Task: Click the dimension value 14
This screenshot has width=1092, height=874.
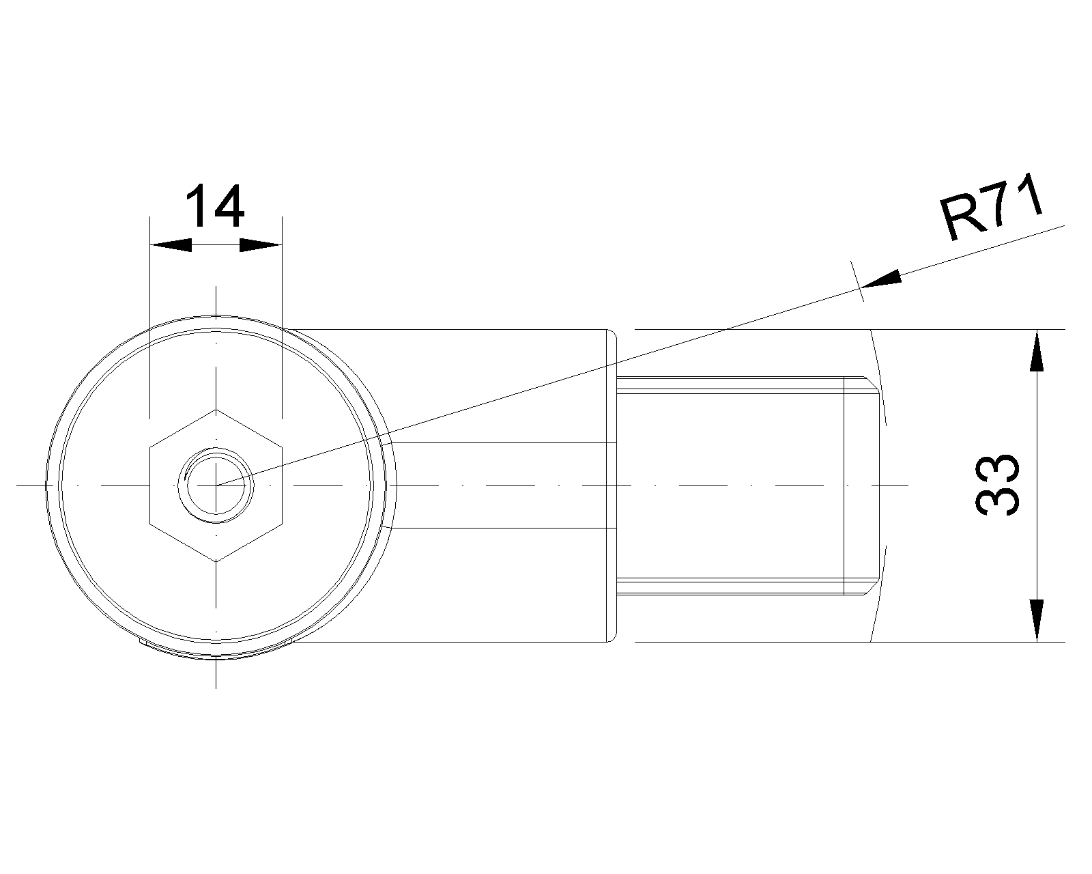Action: tap(215, 206)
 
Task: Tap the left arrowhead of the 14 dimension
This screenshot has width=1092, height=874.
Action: tap(171, 244)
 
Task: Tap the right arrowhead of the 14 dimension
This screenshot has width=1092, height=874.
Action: tap(261, 244)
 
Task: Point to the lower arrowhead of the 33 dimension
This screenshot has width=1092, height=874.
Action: tap(1037, 621)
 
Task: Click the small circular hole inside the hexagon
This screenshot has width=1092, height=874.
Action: tap(216, 485)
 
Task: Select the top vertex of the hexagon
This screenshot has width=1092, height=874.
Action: tap(216, 410)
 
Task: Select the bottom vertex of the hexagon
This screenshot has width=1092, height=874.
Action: tap(216, 561)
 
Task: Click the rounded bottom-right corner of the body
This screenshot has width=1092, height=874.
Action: tap(612, 638)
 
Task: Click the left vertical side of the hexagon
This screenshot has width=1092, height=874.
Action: tap(149, 485)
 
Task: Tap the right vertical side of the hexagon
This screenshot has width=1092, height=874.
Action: tap(283, 485)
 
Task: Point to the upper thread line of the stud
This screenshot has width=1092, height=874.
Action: tap(730, 390)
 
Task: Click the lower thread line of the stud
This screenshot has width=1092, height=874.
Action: tap(730, 581)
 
